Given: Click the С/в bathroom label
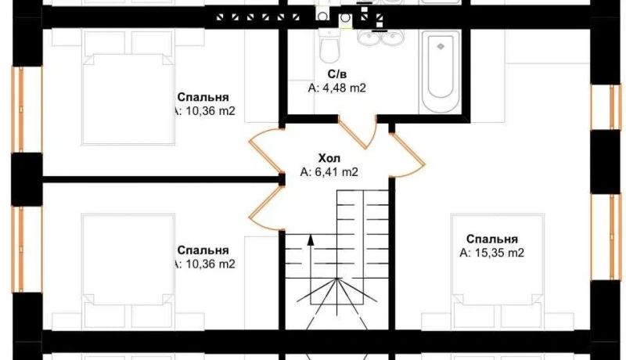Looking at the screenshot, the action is (x=337, y=74).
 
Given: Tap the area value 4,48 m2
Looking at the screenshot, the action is (x=337, y=88).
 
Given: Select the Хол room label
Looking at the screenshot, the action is (x=329, y=158).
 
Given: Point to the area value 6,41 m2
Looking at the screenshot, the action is (x=329, y=172).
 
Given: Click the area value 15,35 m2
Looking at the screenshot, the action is (x=492, y=253).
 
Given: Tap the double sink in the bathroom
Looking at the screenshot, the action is (x=381, y=38).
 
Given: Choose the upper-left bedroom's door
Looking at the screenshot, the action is (x=265, y=153).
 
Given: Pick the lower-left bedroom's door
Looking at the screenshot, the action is (x=265, y=207).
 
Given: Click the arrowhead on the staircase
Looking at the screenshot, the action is (x=311, y=239).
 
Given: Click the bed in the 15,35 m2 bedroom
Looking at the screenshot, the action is (x=498, y=271).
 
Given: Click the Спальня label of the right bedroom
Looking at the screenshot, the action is (x=492, y=239).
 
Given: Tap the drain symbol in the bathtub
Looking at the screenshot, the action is (x=441, y=47).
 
